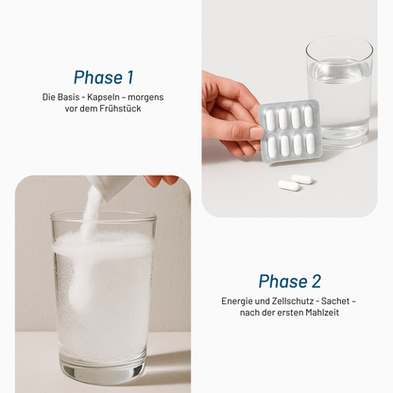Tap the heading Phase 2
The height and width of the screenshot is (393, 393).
(x=289, y=281)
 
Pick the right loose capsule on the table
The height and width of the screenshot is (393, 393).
(x=304, y=178)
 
